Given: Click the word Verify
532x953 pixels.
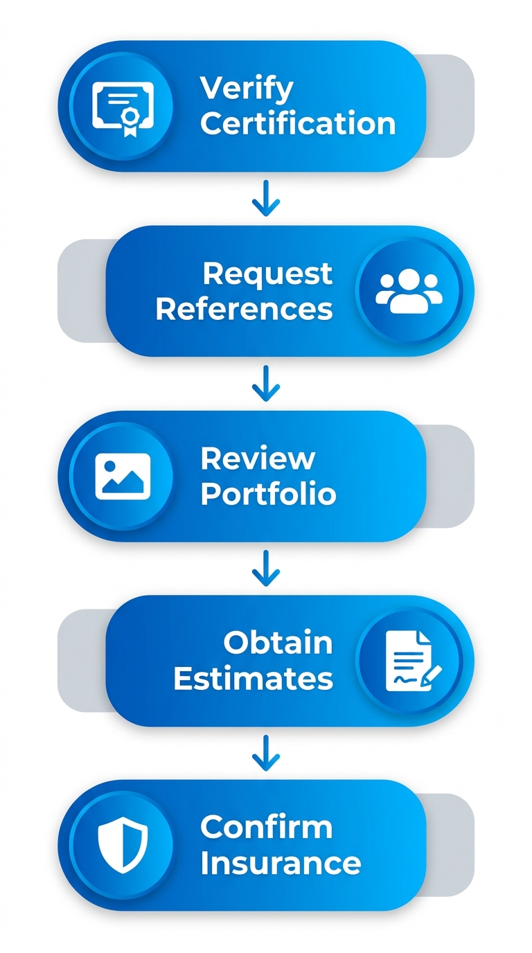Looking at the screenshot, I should (247, 89).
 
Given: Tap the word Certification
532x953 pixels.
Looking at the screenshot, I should (298, 124).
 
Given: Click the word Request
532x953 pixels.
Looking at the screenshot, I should (267, 274).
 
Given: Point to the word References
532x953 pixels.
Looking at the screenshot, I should (244, 309).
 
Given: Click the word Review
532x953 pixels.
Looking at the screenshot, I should (258, 458).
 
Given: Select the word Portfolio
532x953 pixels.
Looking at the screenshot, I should (268, 494).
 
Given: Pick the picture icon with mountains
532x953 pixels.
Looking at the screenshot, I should (123, 476).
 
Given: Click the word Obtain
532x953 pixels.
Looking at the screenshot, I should (278, 643).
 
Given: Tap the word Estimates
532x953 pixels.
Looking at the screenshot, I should (253, 679).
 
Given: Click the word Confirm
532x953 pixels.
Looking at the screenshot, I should (266, 828).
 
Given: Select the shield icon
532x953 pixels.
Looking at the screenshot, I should (123, 846).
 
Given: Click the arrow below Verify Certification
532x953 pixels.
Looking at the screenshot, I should (266, 199).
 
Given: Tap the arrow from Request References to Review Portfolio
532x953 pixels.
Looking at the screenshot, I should (266, 384).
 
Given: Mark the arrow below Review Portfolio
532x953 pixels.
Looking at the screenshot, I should (266, 569).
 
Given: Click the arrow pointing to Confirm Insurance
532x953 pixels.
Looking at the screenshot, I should (266, 754).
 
